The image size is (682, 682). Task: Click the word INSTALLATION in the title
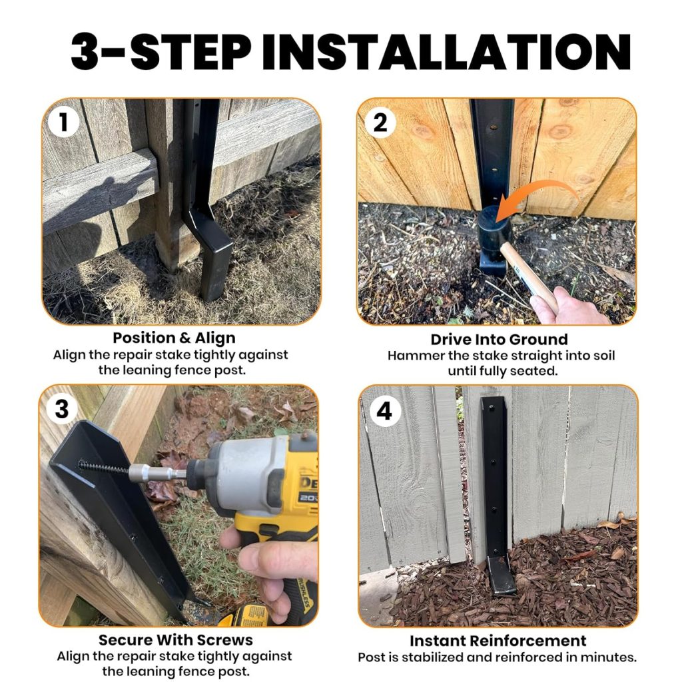(446, 51)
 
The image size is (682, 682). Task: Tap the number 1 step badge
(64, 123)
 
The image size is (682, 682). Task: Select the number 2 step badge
(380, 123)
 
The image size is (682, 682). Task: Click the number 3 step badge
(61, 408)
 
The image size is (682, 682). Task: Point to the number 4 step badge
(384, 411)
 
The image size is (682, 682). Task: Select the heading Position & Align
(174, 338)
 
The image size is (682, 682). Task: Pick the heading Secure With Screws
(176, 640)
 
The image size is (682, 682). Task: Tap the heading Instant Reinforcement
(498, 641)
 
